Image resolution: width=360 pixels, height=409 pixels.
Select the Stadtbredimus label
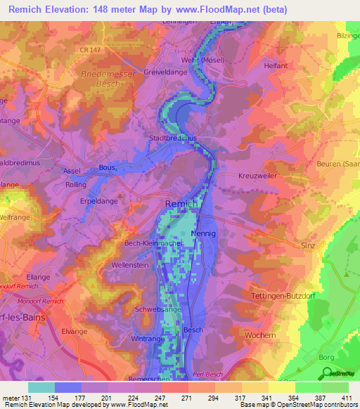click(x=173, y=139)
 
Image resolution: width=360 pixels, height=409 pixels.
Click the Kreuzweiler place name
click(x=259, y=174)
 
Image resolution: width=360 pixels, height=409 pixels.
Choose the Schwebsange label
click(x=156, y=309)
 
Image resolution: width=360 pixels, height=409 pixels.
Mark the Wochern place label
click(x=261, y=336)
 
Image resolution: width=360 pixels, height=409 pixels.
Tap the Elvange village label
click(x=74, y=330)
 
